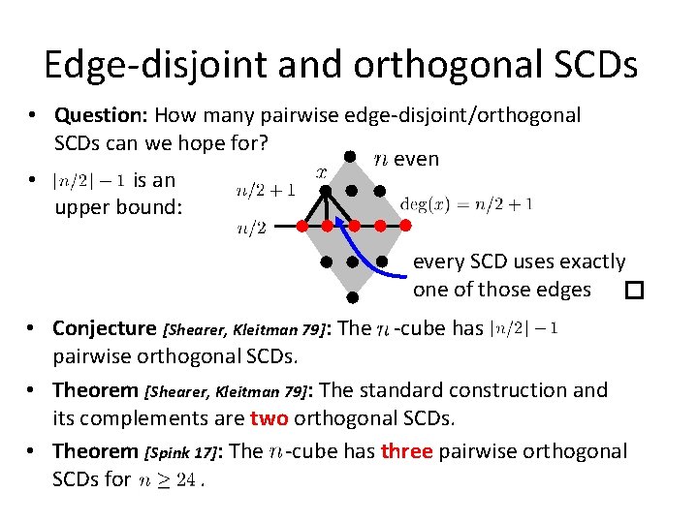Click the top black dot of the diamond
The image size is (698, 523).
(354, 157)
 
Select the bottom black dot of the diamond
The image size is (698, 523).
(354, 297)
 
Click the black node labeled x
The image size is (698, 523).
(327, 191)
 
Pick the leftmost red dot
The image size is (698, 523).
(301, 226)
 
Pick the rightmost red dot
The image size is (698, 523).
(406, 226)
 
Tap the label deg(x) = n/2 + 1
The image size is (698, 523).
(466, 204)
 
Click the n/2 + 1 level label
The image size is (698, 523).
(266, 191)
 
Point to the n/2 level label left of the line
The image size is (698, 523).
(252, 229)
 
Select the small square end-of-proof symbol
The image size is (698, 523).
(634, 290)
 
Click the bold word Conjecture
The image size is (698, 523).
(104, 328)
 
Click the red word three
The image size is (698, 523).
(406, 451)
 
